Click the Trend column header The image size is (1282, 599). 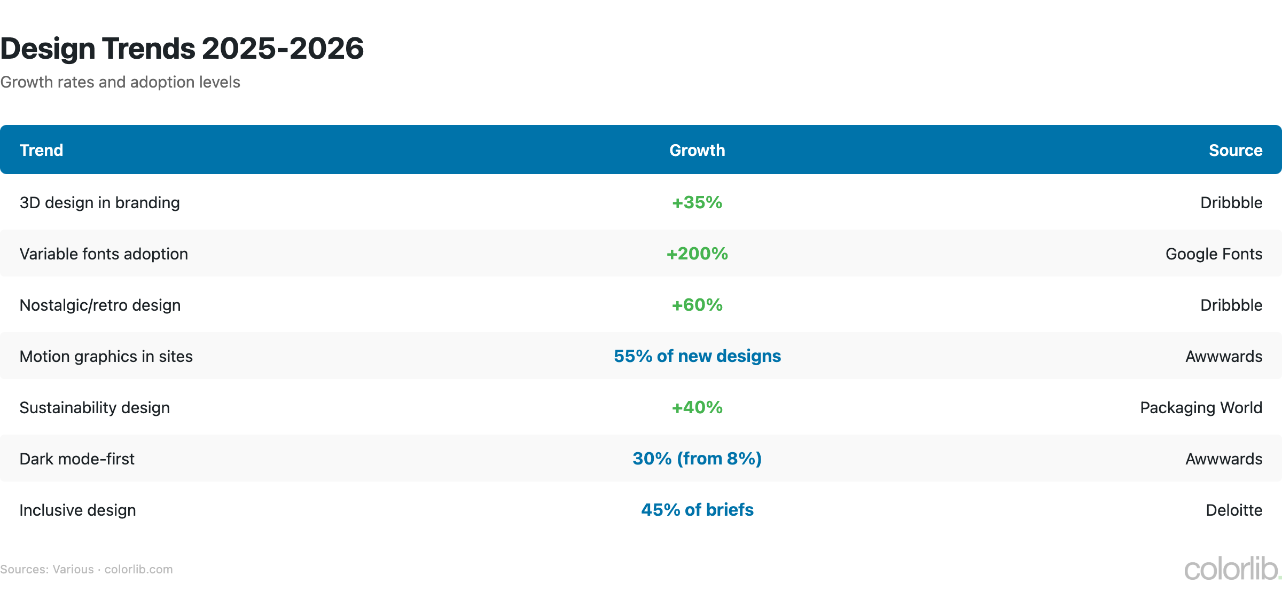(x=41, y=150)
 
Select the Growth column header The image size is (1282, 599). (x=697, y=150)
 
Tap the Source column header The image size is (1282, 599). (x=1235, y=150)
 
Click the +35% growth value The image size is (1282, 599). (x=697, y=202)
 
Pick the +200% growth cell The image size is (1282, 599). (x=697, y=254)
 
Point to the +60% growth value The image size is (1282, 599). (x=697, y=305)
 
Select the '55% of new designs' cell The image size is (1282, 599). (x=697, y=356)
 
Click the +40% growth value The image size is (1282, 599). (x=697, y=407)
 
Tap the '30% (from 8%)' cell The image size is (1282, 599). (x=697, y=459)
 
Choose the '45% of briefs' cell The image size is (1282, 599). (x=697, y=510)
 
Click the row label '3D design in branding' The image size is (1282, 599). (x=99, y=203)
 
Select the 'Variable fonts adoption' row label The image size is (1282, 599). (x=104, y=254)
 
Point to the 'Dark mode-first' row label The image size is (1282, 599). (x=77, y=459)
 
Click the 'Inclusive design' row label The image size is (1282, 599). (x=77, y=510)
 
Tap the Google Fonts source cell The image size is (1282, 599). (x=1214, y=254)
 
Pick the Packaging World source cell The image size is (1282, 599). (x=1201, y=408)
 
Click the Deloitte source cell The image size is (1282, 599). (x=1234, y=510)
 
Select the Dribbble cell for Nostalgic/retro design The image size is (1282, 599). (x=1231, y=305)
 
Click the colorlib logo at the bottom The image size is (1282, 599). (x=1232, y=569)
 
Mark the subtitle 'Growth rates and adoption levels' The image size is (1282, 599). (x=120, y=82)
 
